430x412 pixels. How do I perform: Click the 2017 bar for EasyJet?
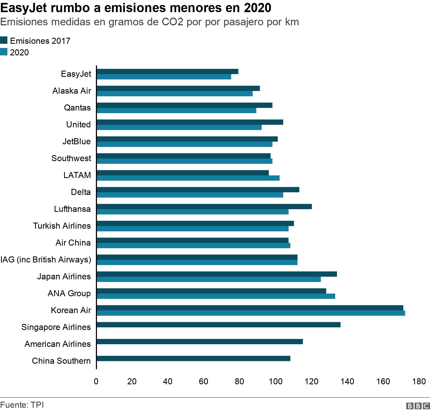167,71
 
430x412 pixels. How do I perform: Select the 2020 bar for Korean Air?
251,313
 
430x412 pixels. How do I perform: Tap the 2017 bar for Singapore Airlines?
218,325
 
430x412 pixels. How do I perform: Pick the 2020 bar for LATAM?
188,178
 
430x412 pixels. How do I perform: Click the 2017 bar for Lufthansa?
204,207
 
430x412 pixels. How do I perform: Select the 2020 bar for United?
179,127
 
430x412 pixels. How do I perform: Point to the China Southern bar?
193,358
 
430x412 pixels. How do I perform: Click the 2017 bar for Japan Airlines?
217,274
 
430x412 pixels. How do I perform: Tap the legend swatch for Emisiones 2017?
4,40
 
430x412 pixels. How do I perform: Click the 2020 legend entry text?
19,52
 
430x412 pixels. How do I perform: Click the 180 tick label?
419,381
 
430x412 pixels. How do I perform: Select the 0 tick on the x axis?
96,381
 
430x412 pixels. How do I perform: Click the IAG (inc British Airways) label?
46,260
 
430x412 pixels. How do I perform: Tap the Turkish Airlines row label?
62,226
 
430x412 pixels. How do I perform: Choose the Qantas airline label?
77,108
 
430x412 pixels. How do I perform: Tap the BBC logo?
418,406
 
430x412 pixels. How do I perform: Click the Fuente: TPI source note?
22,405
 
